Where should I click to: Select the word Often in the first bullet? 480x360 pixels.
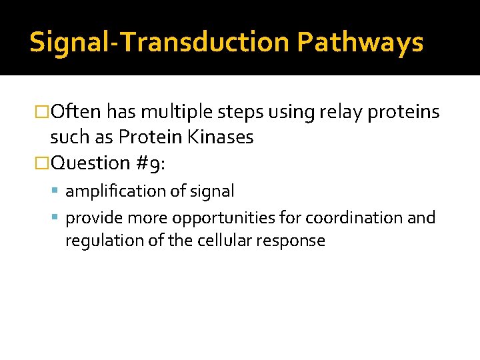pos(76,112)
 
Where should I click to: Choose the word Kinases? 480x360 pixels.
pos(221,137)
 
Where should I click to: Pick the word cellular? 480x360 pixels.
pos(219,241)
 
